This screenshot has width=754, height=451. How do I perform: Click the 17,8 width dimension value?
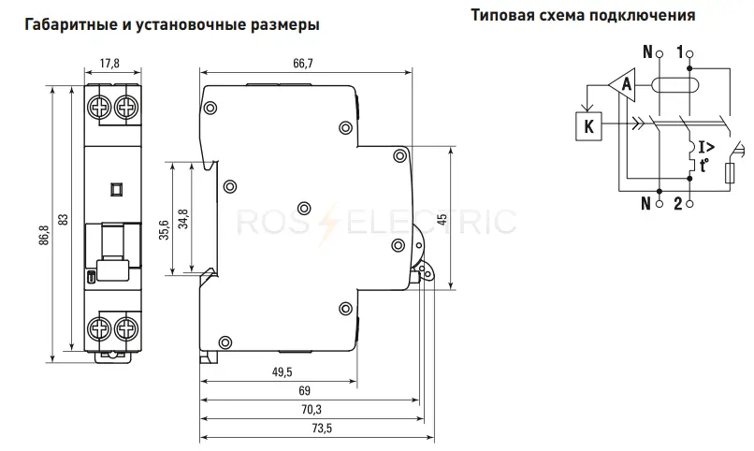pos(109,63)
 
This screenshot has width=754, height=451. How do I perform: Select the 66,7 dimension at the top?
pos(303,63)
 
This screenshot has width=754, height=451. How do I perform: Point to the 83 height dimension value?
pos(64,219)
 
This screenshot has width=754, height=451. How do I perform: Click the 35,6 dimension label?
pos(164,230)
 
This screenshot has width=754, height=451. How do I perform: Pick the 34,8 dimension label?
pos(183,219)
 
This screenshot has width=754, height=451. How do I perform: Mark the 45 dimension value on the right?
pos(442,219)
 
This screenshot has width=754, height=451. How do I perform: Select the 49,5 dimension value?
pos(283,371)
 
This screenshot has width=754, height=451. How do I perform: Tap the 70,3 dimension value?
pos(312,409)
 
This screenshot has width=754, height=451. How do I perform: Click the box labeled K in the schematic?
pos(588,126)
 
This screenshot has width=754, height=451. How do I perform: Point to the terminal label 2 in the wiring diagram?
pos(678,204)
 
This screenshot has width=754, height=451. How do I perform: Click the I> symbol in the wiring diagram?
pos(706,147)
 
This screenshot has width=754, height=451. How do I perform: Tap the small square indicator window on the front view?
pos(116,189)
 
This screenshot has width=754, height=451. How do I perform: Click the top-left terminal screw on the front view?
pos(99,107)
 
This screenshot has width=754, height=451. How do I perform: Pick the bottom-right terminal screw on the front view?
pos(126,328)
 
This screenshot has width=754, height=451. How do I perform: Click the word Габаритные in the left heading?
pos(67,24)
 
